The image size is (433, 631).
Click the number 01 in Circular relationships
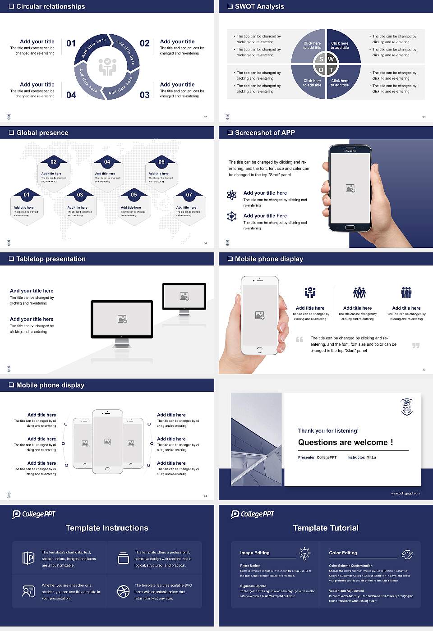[71, 43]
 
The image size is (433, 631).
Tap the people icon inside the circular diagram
[107, 67]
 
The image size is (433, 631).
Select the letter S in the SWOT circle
[321, 59]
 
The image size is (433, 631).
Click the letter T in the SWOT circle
[331, 70]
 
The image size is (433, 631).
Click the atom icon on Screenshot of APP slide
[232, 195]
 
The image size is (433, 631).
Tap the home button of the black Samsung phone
[350, 227]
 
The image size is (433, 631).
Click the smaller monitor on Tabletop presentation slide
[184, 297]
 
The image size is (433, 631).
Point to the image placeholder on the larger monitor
[122, 319]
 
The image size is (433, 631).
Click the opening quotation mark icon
[299, 339]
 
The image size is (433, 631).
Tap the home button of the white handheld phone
[259, 350]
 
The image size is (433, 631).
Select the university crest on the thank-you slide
[407, 407]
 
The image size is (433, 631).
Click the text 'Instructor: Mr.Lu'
[361, 457]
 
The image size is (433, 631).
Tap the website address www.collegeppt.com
[405, 493]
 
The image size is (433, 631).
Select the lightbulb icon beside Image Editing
[304, 553]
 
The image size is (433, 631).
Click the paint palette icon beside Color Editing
[407, 554]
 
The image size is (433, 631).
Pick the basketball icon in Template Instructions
[123, 591]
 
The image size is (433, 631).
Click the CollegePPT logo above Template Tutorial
[252, 514]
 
